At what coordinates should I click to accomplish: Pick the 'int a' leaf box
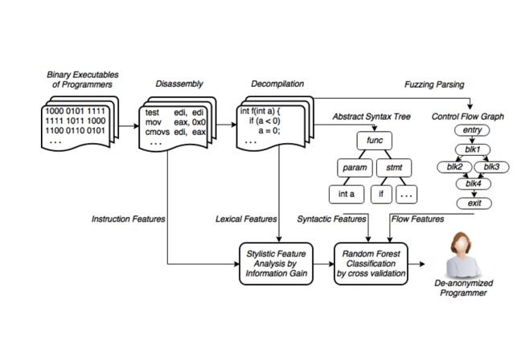pyautogui.click(x=347, y=194)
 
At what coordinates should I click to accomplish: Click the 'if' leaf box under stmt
pyautogui.click(x=383, y=194)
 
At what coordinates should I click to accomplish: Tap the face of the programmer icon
pyautogui.click(x=463, y=242)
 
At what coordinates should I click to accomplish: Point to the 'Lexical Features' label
pyautogui.click(x=244, y=218)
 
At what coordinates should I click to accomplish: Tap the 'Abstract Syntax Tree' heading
pyautogui.click(x=372, y=117)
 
